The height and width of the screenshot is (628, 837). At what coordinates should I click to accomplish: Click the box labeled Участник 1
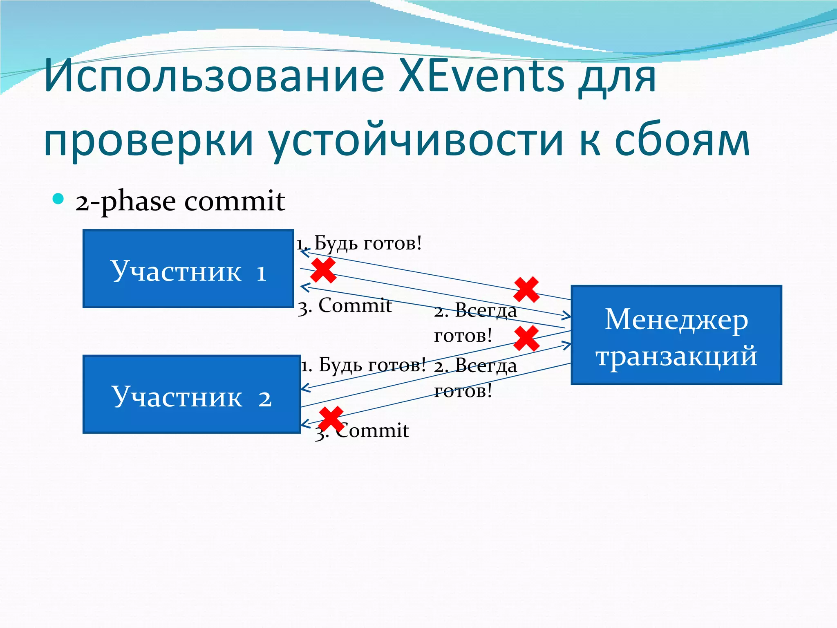coord(188,269)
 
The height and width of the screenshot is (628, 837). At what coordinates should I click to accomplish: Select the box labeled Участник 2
coord(191,394)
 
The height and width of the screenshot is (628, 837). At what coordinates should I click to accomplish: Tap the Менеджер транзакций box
coord(676,335)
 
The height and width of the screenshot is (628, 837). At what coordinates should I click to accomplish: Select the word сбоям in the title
coord(682,140)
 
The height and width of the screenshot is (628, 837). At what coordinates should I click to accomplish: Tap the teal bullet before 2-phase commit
coord(58,199)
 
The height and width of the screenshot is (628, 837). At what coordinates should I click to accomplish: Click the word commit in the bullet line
coord(235,201)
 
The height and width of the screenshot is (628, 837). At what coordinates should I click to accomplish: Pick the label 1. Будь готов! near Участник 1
coord(359,243)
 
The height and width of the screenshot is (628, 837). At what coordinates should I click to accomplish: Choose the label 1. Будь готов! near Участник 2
coord(363,364)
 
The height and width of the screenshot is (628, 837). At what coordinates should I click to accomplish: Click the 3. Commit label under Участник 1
coord(345,306)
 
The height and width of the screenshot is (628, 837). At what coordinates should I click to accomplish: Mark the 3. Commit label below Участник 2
coord(362,431)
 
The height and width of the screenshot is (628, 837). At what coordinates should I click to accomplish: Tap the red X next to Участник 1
coord(323,270)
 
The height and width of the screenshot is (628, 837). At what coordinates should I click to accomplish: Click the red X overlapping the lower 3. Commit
coord(331,419)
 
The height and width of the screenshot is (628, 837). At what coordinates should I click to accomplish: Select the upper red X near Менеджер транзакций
coord(526,290)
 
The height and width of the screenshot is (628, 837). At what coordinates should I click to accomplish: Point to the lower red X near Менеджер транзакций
coord(526,339)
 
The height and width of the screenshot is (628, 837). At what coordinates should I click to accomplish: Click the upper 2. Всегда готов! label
coord(475,323)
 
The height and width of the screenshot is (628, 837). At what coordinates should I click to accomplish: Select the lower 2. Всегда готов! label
coord(475,378)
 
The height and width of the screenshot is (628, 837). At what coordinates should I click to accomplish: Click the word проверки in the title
coord(149,140)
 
